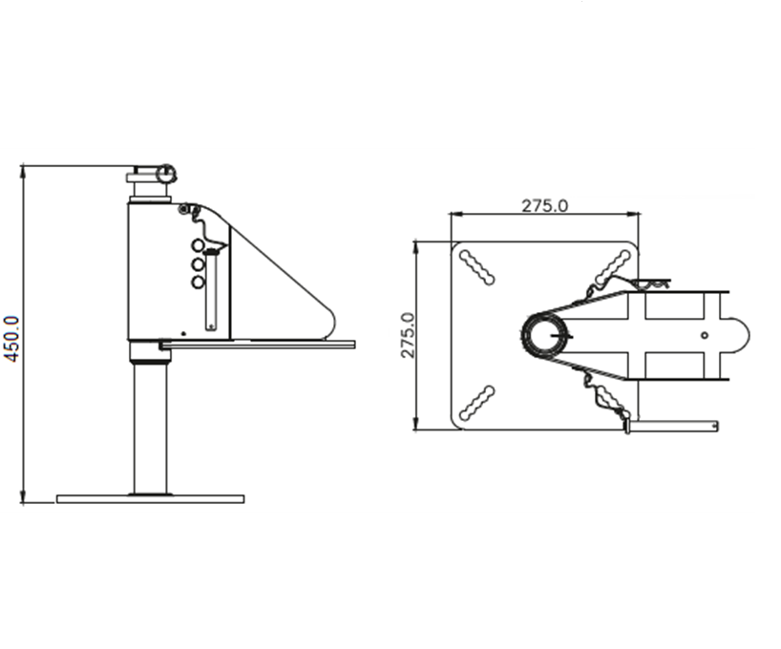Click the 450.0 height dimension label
click(12, 339)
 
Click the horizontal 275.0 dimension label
click(544, 206)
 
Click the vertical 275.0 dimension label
click(408, 335)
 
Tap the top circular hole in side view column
click(198, 245)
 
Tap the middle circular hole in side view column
click(198, 263)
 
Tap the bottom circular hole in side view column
click(198, 282)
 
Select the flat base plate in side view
click(151, 499)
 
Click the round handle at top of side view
click(165, 174)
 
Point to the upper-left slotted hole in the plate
click(476, 267)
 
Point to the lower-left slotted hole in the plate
click(476, 403)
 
